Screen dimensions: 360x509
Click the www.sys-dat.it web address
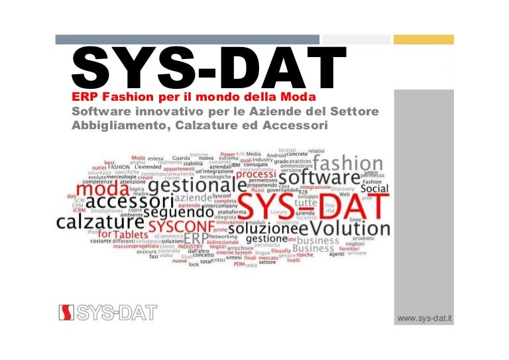[x=424, y=319]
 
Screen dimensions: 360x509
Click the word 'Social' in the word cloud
[x=374, y=188]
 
